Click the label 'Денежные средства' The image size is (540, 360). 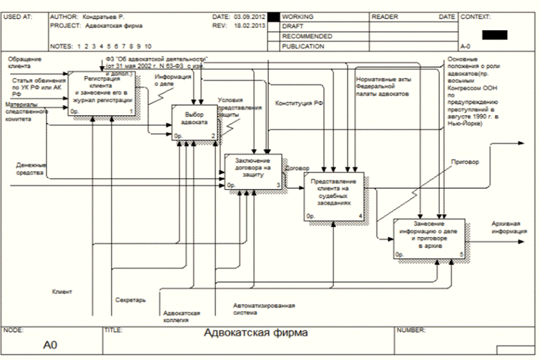coord(31,169)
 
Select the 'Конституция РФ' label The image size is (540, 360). coord(299,103)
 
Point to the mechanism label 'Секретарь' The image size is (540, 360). coord(131,299)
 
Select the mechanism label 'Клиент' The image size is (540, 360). coord(62,291)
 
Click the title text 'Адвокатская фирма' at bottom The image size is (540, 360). coord(256,333)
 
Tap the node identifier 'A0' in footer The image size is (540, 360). coord(49,345)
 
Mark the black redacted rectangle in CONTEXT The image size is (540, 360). coord(494,33)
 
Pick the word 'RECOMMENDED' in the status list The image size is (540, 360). coord(308,36)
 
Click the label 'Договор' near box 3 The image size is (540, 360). coord(296,169)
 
